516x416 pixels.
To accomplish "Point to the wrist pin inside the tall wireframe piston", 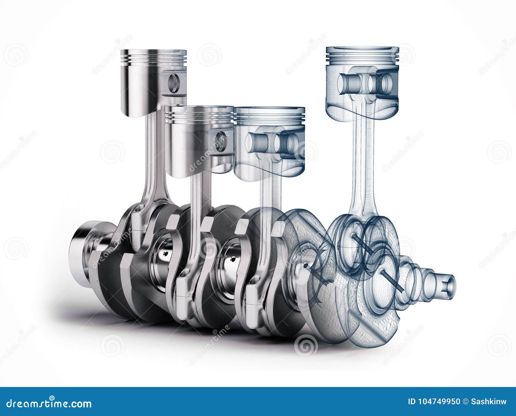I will (x=361, y=82).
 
